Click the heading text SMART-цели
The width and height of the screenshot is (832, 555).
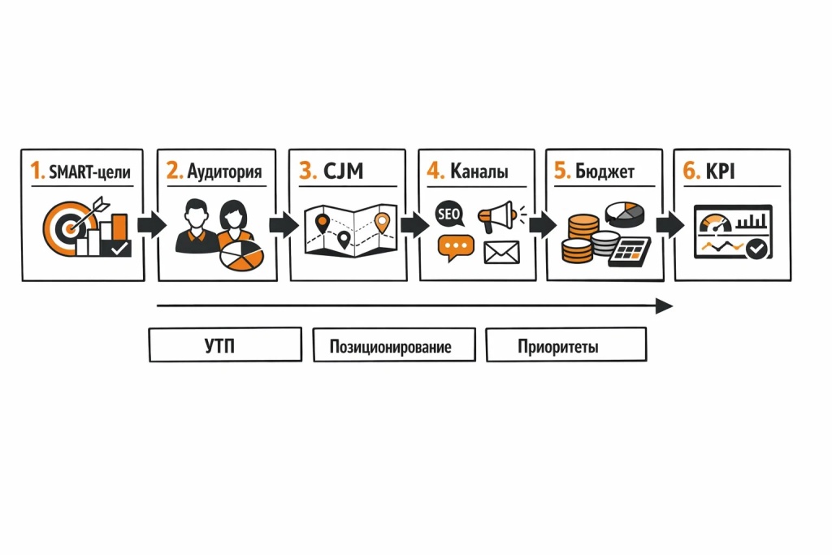click(x=90, y=171)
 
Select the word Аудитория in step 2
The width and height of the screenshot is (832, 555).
click(x=224, y=171)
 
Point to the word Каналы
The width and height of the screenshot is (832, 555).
click(x=479, y=171)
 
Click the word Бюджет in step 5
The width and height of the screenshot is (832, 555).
click(x=604, y=171)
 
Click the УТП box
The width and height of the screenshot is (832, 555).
click(x=225, y=345)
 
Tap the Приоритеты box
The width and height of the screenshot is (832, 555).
click(x=565, y=345)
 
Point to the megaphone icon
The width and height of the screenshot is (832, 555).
click(x=497, y=215)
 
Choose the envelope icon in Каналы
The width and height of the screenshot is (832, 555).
click(x=501, y=253)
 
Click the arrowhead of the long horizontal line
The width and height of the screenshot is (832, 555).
click(x=665, y=306)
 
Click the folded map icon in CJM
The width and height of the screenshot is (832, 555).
click(x=347, y=231)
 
